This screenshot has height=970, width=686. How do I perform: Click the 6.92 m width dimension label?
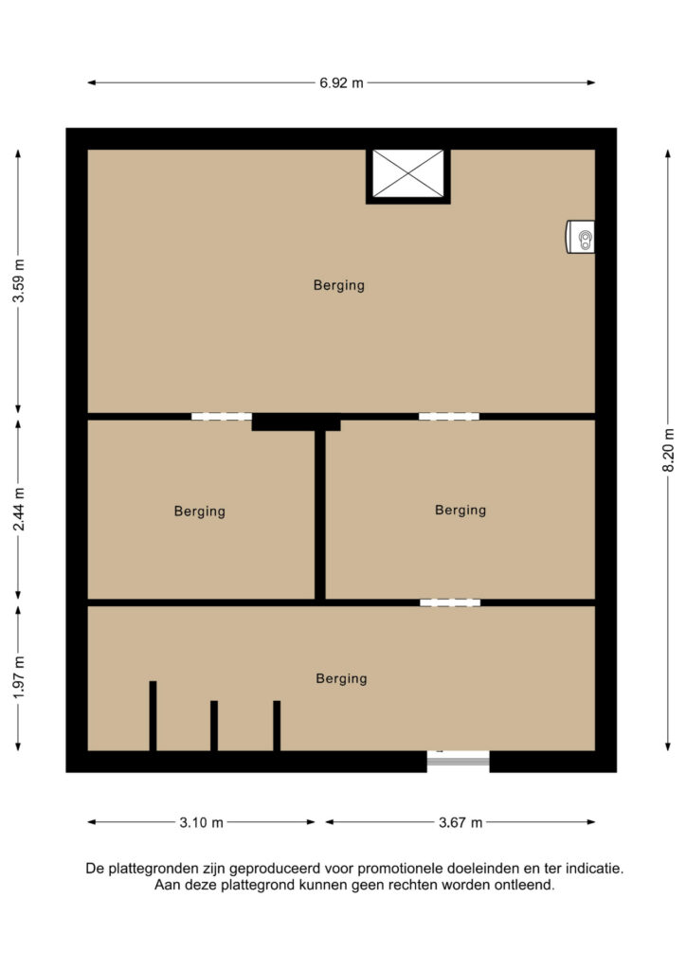[341, 82]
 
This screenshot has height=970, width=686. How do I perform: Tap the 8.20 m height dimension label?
[668, 450]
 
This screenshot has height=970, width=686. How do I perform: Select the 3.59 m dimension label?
[19, 280]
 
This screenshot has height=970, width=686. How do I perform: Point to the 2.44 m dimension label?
[19, 509]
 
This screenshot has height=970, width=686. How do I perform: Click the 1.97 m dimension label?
[19, 677]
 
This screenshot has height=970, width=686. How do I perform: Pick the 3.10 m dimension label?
[201, 822]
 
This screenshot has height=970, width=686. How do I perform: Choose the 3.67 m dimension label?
[460, 822]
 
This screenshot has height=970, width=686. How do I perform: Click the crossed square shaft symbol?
[408, 174]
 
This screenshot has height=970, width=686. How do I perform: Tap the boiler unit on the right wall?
[581, 236]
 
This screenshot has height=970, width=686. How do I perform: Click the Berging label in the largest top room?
[339, 285]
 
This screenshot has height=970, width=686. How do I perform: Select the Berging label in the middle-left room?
[199, 511]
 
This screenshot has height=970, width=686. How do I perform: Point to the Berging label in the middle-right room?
[460, 510]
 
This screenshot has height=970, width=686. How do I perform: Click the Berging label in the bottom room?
[341, 678]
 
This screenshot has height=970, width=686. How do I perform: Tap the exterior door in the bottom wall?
[459, 761]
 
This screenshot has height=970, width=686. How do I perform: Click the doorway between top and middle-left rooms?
[222, 417]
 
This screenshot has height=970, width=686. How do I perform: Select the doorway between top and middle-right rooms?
[449, 417]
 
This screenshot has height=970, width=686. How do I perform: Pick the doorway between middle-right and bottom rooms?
[450, 602]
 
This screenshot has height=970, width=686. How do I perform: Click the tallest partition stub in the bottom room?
[153, 716]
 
